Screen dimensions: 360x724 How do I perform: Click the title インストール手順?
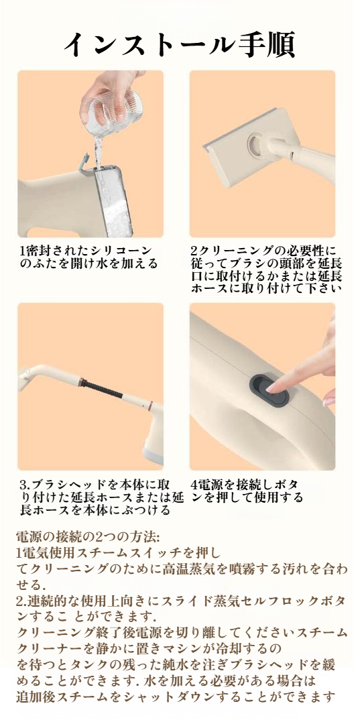click(x=179, y=44)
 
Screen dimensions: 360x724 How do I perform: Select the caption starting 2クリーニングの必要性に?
click(x=266, y=269)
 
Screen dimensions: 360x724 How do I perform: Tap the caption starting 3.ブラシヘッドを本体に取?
click(x=102, y=497)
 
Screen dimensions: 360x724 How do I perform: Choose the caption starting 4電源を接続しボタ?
click(x=247, y=491)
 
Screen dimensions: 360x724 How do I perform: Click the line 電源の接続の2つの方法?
click(x=88, y=537)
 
